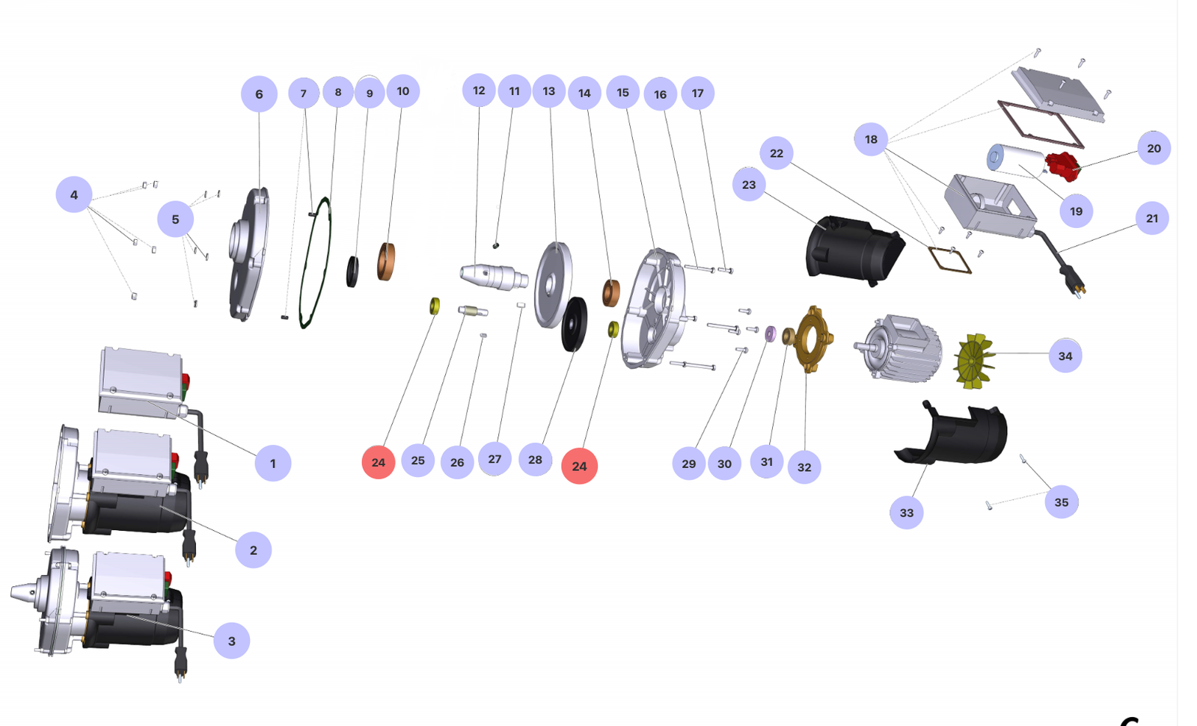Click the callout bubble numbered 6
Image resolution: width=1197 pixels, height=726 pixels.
point(259,94)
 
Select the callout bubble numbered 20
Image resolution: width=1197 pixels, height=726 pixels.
point(1154,148)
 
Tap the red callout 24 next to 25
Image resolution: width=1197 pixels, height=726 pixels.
point(379,462)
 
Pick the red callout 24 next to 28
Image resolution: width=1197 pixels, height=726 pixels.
point(579,466)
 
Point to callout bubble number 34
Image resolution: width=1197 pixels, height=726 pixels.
point(1065,356)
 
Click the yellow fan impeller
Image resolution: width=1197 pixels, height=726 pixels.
point(974,362)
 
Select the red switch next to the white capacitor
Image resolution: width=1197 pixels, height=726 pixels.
point(1062,166)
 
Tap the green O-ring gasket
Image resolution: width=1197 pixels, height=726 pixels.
point(315,262)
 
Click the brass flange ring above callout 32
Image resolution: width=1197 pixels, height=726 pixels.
point(812,338)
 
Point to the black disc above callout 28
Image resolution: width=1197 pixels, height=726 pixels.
point(575,324)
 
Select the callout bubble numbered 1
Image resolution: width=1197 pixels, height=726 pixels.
point(272,463)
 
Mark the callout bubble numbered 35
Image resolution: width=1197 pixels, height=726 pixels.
point(1062,502)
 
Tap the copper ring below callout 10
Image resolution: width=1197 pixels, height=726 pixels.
point(386,262)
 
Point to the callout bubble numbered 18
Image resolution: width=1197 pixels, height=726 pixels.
point(871,139)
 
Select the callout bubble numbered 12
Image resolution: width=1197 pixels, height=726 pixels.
point(479,90)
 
